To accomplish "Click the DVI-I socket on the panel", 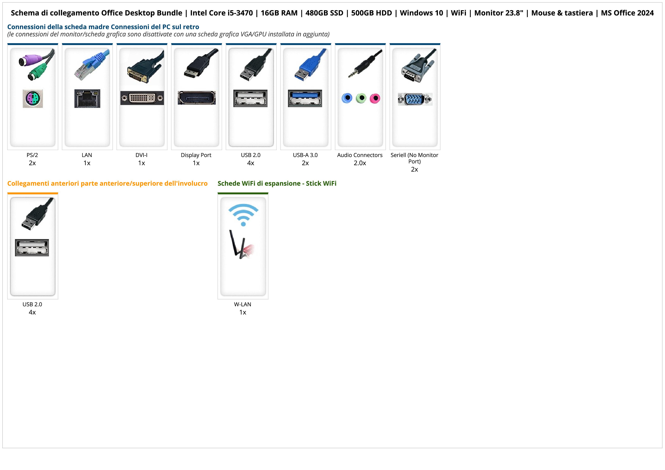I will pyautogui.click(x=142, y=98).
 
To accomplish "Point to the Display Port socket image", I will pyautogui.click(x=196, y=98).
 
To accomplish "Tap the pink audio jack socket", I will pyautogui.click(x=375, y=98).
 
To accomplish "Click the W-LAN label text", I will pyautogui.click(x=242, y=304).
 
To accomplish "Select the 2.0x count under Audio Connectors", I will pyautogui.click(x=360, y=163).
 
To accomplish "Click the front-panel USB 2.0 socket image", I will pyautogui.click(x=32, y=248).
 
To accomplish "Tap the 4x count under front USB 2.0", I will pyautogui.click(x=32, y=312).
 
